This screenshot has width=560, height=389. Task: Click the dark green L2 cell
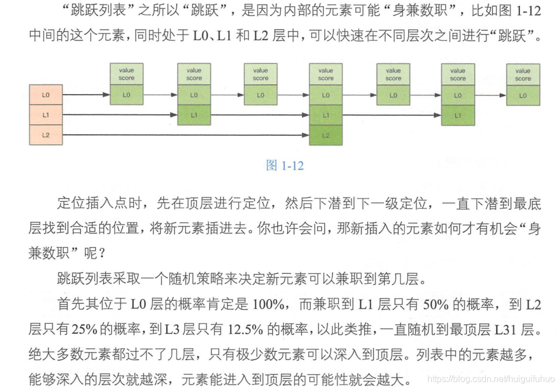click(326, 135)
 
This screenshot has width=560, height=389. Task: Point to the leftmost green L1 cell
click(194, 115)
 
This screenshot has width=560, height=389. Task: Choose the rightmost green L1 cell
click(458, 115)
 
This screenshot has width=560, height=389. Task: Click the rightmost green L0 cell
click(523, 95)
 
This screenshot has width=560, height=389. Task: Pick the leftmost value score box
click(127, 75)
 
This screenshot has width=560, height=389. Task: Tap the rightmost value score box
click(523, 75)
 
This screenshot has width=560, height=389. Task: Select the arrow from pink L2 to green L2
click(184, 135)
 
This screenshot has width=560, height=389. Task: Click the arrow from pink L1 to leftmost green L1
click(120, 115)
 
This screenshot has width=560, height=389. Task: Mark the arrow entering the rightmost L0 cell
click(491, 95)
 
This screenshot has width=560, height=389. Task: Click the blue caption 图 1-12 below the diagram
click(284, 166)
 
